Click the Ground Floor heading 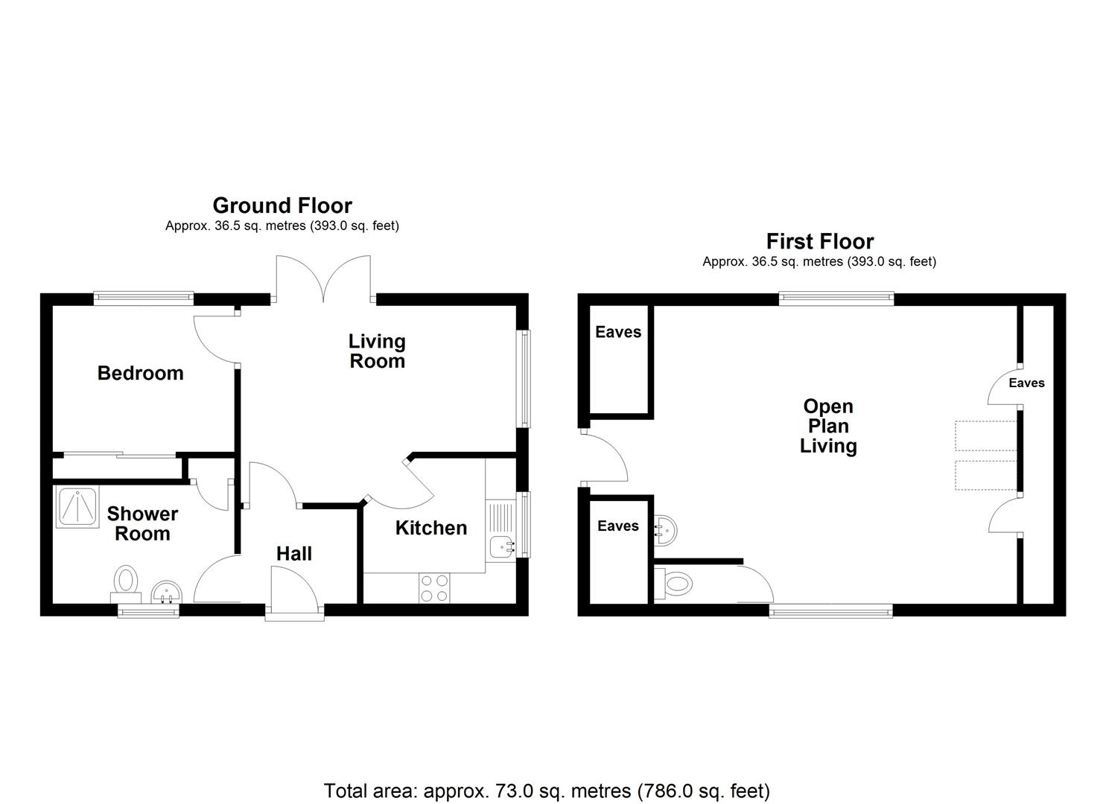tap(282, 205)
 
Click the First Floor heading tap(819, 241)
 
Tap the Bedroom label tap(140, 373)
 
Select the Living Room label tap(377, 351)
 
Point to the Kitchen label tap(430, 528)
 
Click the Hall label tap(293, 554)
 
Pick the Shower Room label tap(142, 524)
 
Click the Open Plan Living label tap(828, 426)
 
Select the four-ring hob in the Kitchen tap(433, 587)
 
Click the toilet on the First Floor tap(672, 581)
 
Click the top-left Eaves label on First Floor tap(618, 332)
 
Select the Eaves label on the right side tap(1026, 383)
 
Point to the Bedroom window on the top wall tap(143, 298)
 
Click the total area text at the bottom tap(547, 790)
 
